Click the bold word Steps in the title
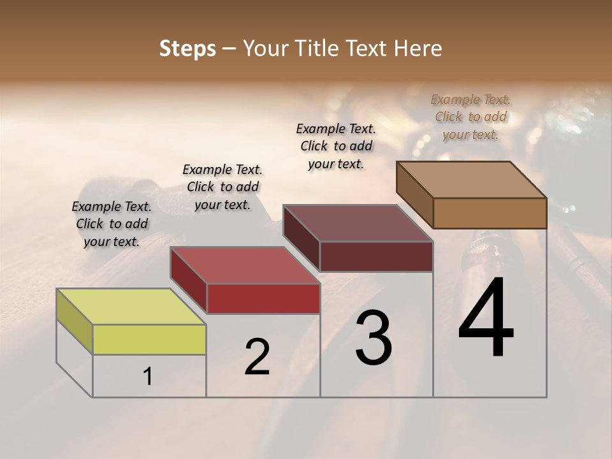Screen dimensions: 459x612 pos(187,48)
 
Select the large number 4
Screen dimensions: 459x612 pos(486,319)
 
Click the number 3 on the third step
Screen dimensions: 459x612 pos(374,338)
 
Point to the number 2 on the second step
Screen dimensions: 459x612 pos(258,357)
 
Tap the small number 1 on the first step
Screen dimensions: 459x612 pos(148,377)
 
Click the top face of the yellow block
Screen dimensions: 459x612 pos(131,306)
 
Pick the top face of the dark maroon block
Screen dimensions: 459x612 pos(358,223)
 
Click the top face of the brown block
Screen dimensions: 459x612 pos(472,180)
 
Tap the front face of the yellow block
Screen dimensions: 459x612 pos(149,339)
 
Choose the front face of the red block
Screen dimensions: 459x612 pos(263,298)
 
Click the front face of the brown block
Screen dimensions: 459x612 pos(490,213)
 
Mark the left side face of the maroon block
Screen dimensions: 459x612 pos(302,238)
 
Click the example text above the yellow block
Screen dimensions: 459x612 pos(112,224)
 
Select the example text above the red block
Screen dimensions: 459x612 pos(222,187)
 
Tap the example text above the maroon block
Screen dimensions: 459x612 pos(336,146)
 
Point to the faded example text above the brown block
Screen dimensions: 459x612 pos(470,117)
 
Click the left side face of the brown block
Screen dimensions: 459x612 pos(415,194)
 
